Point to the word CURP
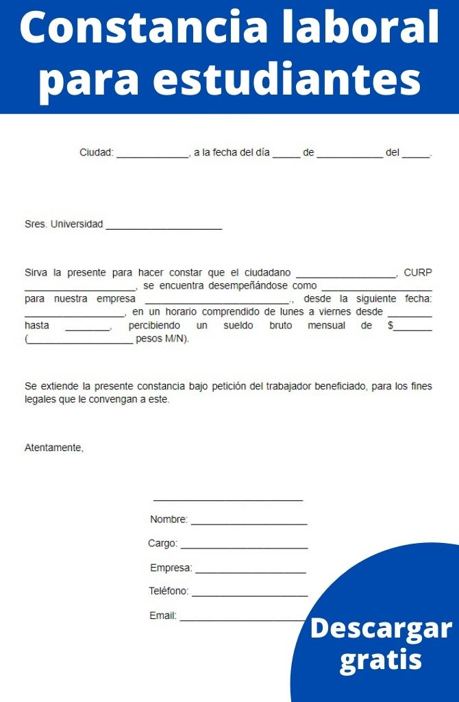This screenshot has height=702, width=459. click(418, 272)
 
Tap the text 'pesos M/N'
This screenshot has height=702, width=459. click(161, 339)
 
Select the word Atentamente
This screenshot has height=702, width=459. click(53, 448)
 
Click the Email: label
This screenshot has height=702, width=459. click(163, 616)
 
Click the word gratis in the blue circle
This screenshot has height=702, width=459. click(381, 659)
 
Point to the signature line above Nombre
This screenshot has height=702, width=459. click(228, 500)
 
